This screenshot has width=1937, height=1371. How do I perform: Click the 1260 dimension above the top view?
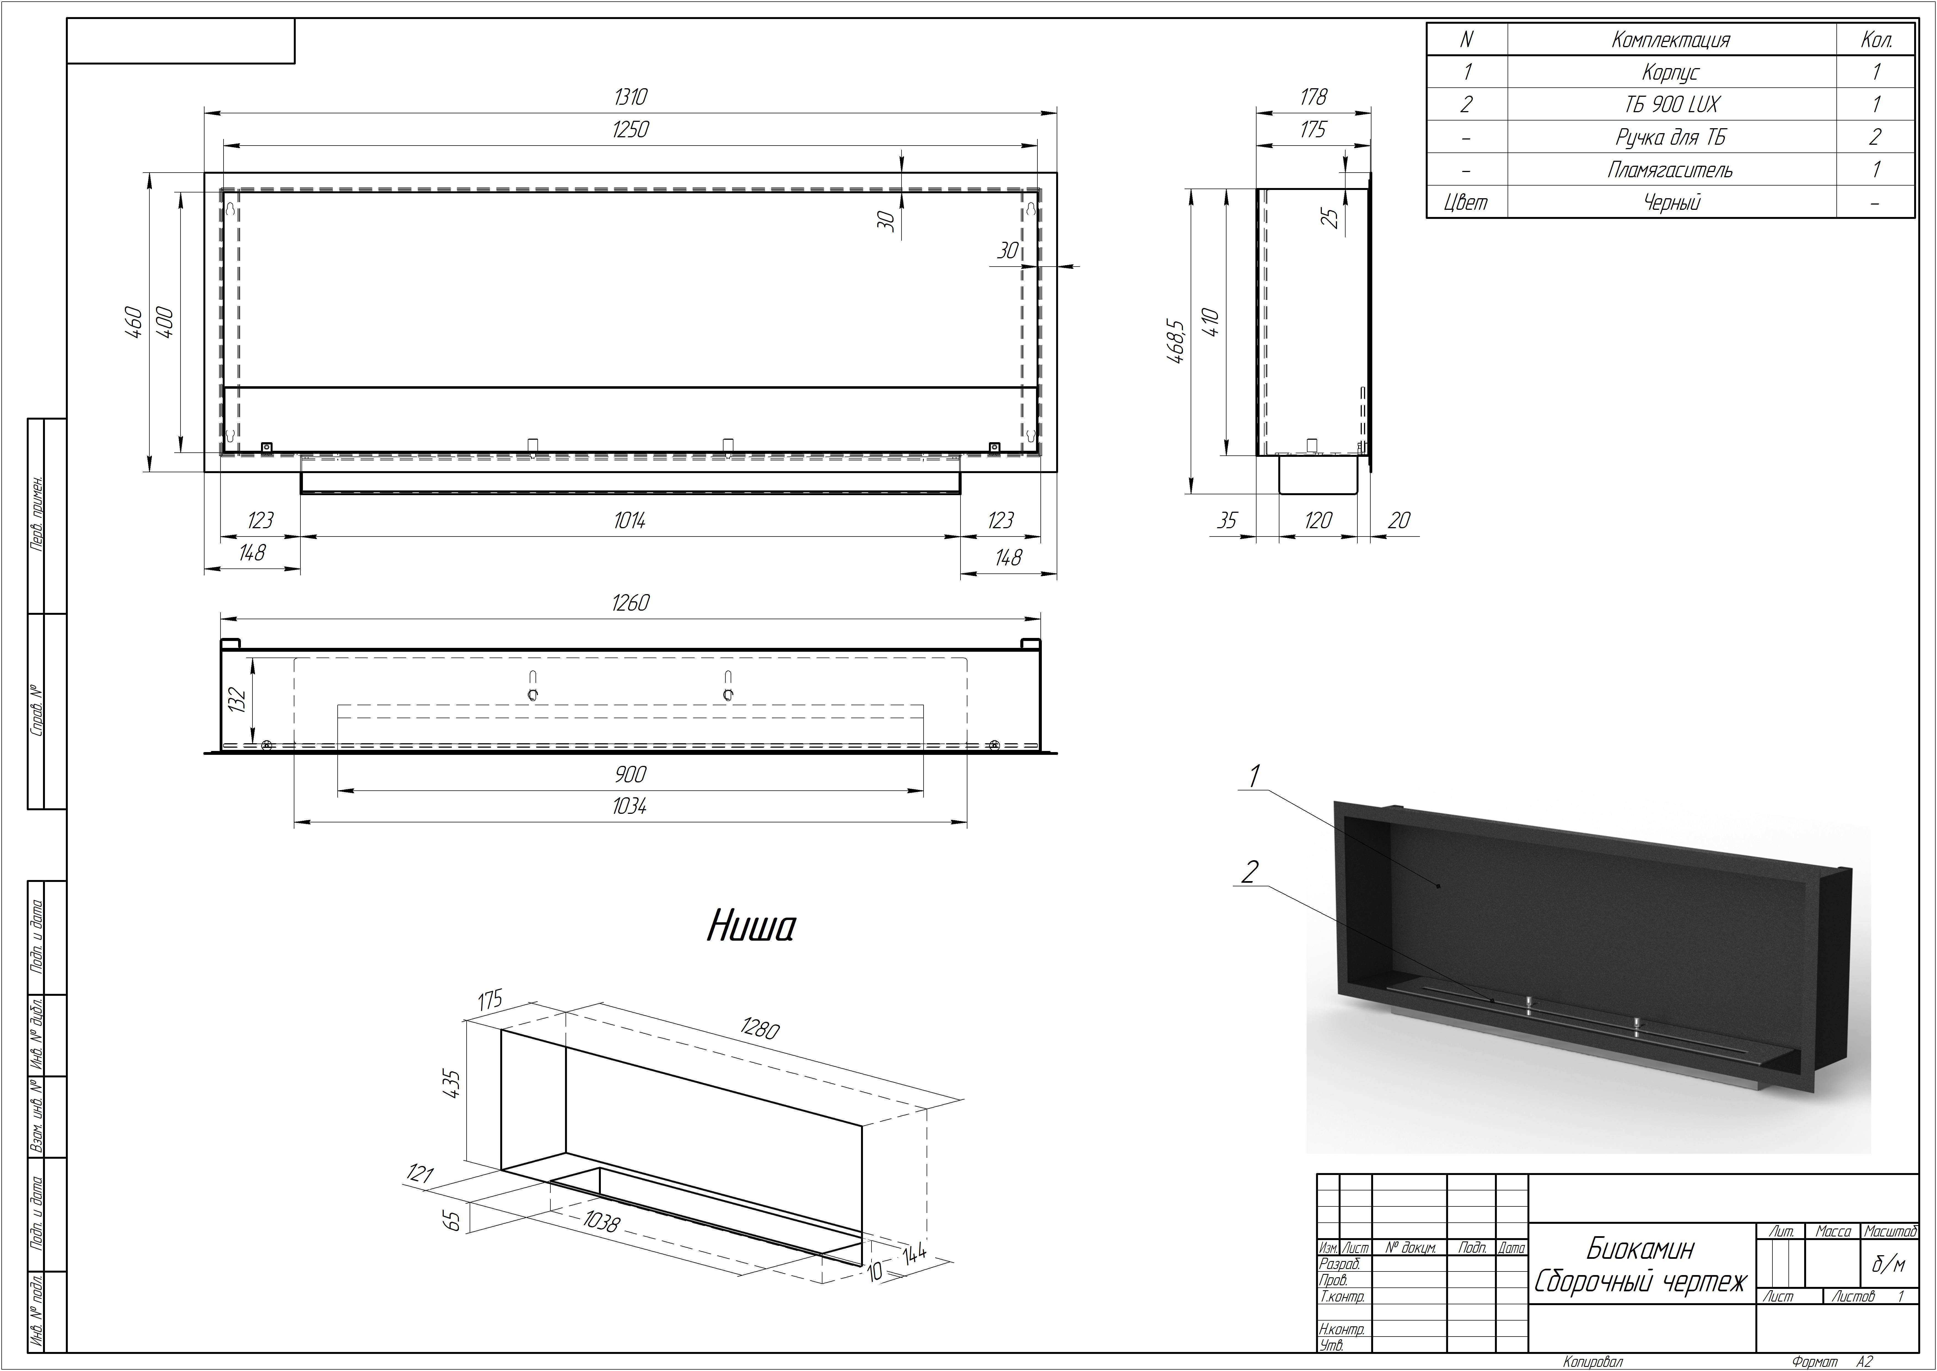(631, 603)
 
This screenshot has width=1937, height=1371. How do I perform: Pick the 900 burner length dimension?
(631, 774)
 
